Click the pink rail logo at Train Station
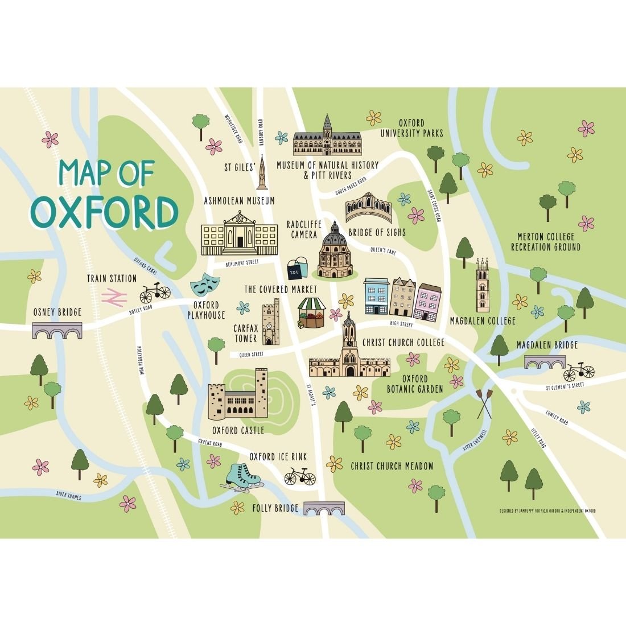114,296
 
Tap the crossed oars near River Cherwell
484,403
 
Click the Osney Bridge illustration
57,330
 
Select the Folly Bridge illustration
324,508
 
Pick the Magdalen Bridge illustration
545,363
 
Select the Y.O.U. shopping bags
297,269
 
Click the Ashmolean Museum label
240,201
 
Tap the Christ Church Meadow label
392,466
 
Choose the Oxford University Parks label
412,128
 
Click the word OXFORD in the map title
104,211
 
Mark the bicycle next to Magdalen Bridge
578,372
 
